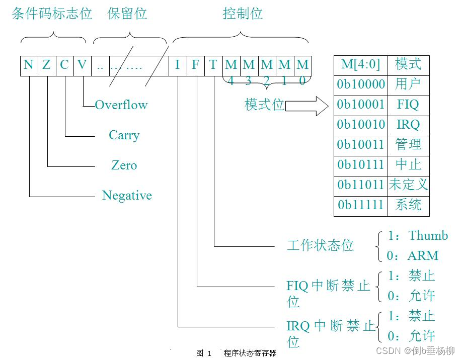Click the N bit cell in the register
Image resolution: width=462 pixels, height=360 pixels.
(x=29, y=65)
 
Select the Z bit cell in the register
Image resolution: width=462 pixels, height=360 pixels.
(x=47, y=65)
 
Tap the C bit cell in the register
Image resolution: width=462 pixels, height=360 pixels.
(x=64, y=65)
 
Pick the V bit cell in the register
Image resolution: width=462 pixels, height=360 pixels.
(x=82, y=65)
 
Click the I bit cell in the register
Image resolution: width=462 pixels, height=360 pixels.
(x=178, y=65)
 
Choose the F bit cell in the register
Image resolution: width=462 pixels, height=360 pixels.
(x=195, y=65)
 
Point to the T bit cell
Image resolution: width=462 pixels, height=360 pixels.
(x=213, y=65)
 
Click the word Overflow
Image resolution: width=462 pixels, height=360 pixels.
(x=121, y=105)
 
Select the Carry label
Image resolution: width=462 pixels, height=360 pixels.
(x=124, y=135)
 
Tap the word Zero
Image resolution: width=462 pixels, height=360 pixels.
(x=124, y=165)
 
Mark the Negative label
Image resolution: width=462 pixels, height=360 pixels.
(x=127, y=196)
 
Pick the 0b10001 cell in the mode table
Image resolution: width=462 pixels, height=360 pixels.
(x=361, y=105)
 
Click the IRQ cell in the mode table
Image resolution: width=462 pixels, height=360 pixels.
(x=408, y=125)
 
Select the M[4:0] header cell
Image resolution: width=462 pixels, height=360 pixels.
(x=361, y=65)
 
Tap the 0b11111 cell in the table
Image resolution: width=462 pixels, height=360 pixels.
(x=361, y=206)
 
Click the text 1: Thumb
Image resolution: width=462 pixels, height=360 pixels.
(x=417, y=236)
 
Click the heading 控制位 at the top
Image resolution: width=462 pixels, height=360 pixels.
(x=243, y=14)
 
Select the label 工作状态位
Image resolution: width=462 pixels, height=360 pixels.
(x=320, y=246)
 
